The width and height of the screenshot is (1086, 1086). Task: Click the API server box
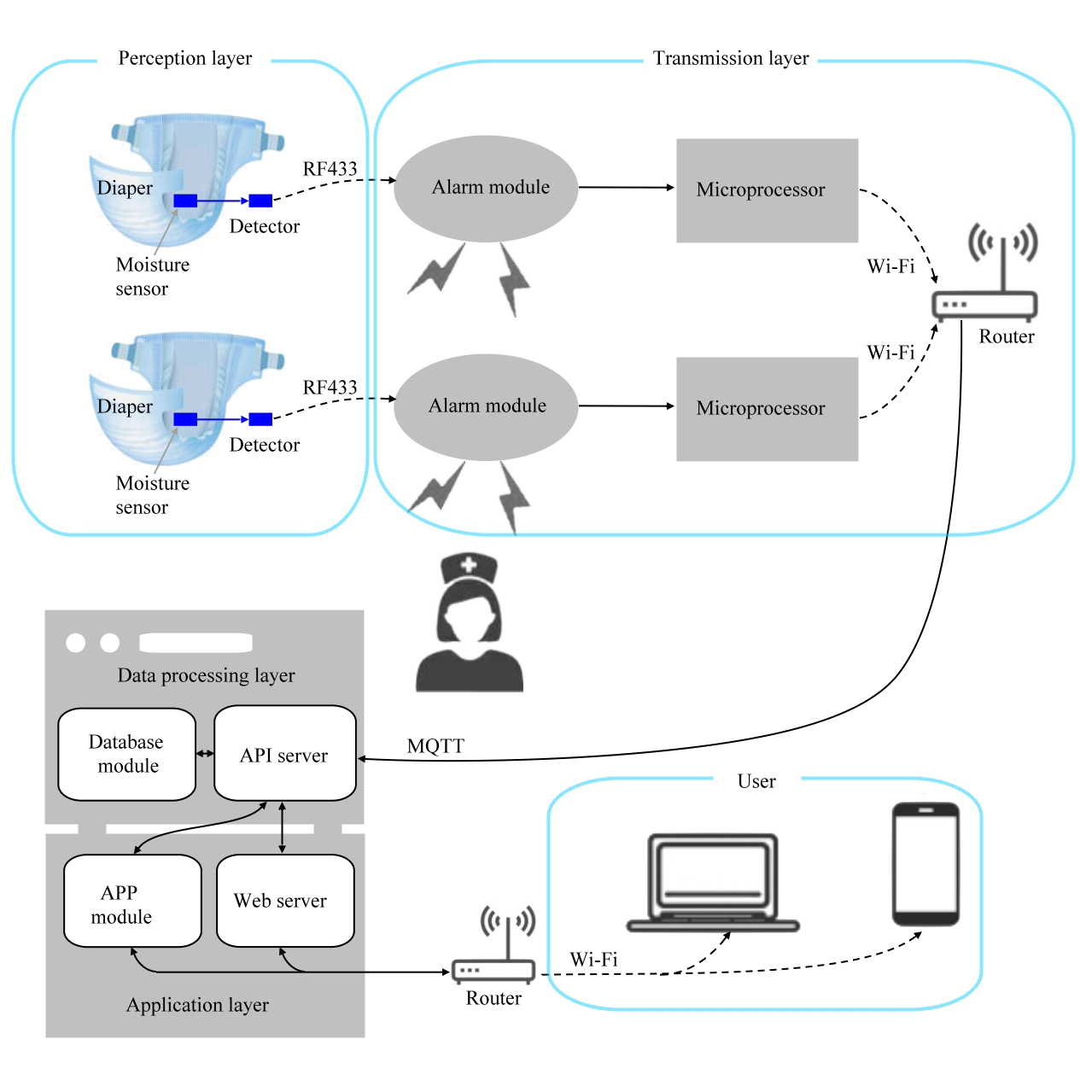284,754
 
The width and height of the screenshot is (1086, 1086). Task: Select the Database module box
126,754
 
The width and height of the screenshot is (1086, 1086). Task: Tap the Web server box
284,901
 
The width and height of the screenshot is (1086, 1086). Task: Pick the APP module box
132,901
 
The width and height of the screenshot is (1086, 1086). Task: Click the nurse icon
469,623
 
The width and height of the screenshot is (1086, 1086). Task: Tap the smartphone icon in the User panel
925,863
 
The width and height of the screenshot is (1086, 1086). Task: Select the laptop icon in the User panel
713,883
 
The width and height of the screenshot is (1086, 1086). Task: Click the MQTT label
435,746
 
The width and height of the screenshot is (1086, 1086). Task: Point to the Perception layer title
184,58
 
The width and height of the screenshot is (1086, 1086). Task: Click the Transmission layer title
731,58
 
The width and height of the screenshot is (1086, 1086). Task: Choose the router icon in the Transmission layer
985,273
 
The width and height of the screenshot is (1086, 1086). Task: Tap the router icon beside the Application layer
493,948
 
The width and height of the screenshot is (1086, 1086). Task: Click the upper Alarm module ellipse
486,189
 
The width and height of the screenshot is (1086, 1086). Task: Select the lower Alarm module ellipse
486,407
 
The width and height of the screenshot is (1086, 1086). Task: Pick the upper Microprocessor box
767,190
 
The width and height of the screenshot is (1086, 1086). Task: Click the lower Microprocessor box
767,409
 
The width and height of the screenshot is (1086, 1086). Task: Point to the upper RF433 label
330,169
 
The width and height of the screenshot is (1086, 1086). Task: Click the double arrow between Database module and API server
205,753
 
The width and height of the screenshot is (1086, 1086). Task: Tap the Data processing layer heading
206,675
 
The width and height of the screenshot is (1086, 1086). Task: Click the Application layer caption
197,1005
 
